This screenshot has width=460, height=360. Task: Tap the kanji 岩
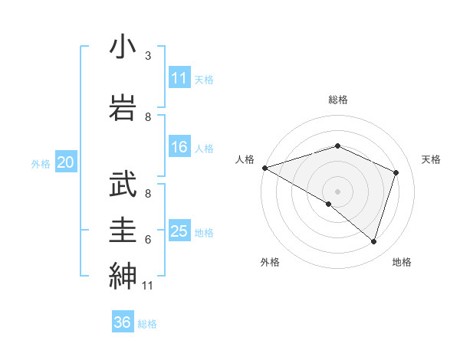pos(123,105)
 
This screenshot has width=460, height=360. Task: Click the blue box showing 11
pos(179,78)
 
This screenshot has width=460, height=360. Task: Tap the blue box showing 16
pos(179,147)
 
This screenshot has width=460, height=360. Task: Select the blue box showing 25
pos(179,231)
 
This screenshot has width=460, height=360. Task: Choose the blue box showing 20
pos(66,162)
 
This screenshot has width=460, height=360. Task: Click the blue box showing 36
pos(123,322)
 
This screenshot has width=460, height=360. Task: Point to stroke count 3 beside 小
pos(148,56)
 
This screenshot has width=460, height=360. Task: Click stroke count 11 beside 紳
pos(147,286)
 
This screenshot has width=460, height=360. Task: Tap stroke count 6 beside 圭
pos(148,239)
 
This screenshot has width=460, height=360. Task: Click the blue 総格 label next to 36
pos(147,324)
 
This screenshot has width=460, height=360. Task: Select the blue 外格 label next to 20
pos(41,163)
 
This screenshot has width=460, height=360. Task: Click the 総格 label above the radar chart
pos(338,100)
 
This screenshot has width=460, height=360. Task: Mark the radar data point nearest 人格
pos(264,167)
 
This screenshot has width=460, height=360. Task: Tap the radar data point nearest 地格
pos(373,241)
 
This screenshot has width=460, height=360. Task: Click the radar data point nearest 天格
pos(396,172)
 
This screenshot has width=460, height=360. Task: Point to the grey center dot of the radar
pos(337,191)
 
